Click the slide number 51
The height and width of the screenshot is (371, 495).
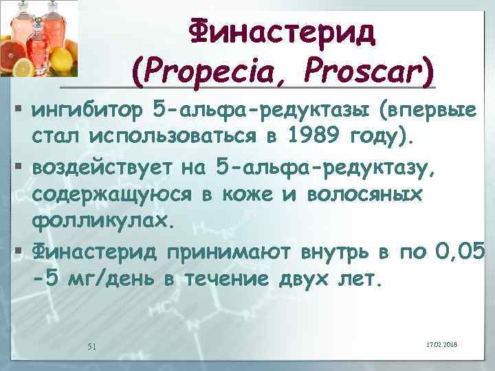91,345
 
